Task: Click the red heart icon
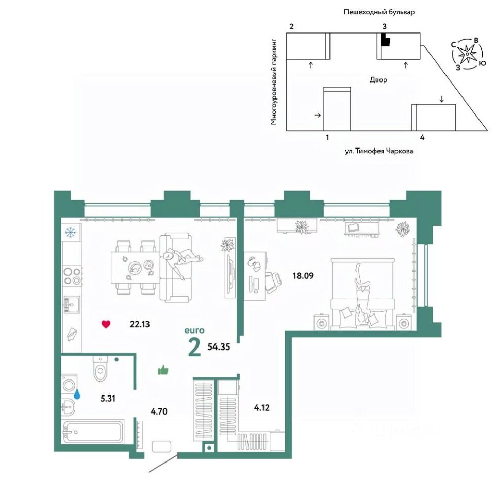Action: click(x=106, y=324)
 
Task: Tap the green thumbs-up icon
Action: click(x=163, y=370)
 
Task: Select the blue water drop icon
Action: click(x=77, y=394)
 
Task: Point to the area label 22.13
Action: click(x=140, y=324)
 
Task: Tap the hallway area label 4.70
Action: click(x=159, y=411)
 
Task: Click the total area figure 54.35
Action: click(x=218, y=346)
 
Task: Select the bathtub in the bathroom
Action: click(x=93, y=432)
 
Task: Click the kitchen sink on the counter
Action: click(x=71, y=305)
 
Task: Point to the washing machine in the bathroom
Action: click(x=69, y=384)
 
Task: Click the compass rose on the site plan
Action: click(x=467, y=53)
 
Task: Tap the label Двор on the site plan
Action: click(x=378, y=80)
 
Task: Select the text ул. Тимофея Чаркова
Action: click(x=379, y=152)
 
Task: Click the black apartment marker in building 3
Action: click(x=385, y=40)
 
